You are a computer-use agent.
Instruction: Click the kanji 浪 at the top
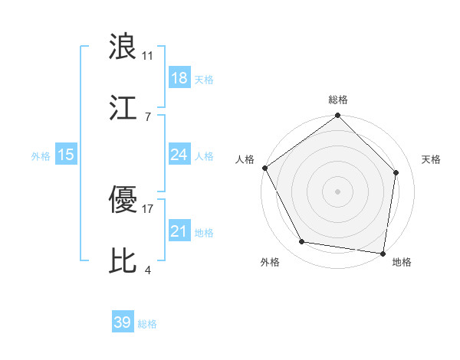point(123,47)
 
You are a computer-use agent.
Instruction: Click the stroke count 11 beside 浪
point(148,56)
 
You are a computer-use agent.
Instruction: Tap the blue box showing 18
point(179,78)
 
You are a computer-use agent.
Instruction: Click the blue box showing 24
point(179,155)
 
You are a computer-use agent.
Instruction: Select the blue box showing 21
point(179,231)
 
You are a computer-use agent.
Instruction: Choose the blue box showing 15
point(66,155)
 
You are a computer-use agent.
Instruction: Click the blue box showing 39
point(123,323)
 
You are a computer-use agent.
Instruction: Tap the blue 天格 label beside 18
point(204,80)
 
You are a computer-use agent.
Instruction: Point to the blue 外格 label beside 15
point(41,156)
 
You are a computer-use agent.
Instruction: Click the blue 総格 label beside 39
point(147,325)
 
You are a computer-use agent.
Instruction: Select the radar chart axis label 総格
point(338,100)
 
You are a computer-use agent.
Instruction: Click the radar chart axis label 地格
point(402,262)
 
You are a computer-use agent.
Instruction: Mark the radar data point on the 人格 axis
point(265,168)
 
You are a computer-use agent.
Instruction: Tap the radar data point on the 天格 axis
point(396,172)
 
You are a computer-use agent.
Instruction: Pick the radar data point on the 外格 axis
point(302,242)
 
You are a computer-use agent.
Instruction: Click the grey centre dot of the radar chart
point(338,191)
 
